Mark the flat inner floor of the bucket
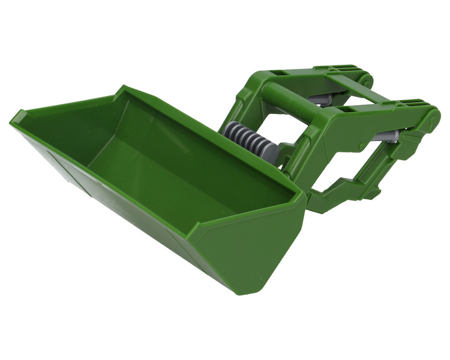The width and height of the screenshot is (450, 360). [x=174, y=174]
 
